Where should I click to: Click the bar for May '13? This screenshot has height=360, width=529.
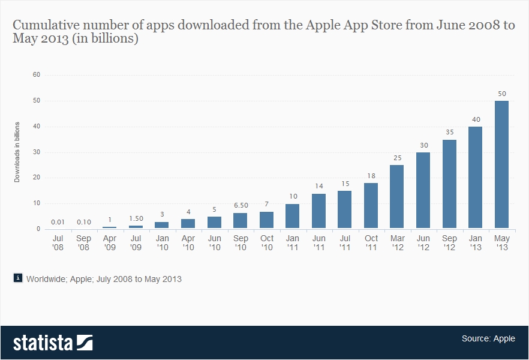[501, 164]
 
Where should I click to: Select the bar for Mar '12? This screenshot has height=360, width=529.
[397, 197]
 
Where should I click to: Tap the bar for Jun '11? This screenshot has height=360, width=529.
[318, 211]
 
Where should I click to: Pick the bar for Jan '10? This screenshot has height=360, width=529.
[162, 225]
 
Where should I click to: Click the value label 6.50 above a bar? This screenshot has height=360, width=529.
[241, 205]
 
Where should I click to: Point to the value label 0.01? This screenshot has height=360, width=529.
[58, 222]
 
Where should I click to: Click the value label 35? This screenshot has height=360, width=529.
[449, 131]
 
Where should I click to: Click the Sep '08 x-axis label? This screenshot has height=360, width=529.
[83, 242]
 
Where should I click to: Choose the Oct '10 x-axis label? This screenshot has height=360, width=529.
[266, 242]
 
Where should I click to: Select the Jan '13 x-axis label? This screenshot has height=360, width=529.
[475, 242]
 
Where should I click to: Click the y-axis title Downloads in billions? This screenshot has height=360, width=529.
[17, 152]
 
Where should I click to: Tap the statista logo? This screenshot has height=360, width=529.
[53, 343]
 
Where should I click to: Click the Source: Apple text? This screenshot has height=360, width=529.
[488, 338]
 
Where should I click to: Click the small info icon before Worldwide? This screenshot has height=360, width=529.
[18, 278]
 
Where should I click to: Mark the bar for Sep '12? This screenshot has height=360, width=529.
[449, 184]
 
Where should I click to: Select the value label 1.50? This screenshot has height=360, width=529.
[136, 218]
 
